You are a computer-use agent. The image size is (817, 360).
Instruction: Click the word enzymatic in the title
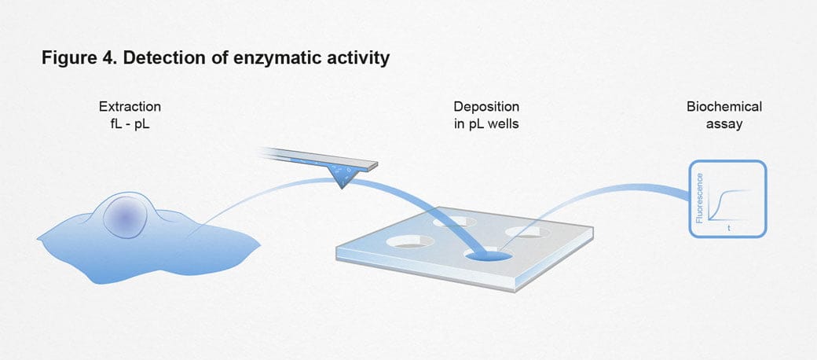[266, 59]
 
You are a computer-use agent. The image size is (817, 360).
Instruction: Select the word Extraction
[130, 106]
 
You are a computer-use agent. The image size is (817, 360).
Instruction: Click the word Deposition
[486, 106]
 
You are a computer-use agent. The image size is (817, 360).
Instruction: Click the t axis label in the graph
[730, 227]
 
